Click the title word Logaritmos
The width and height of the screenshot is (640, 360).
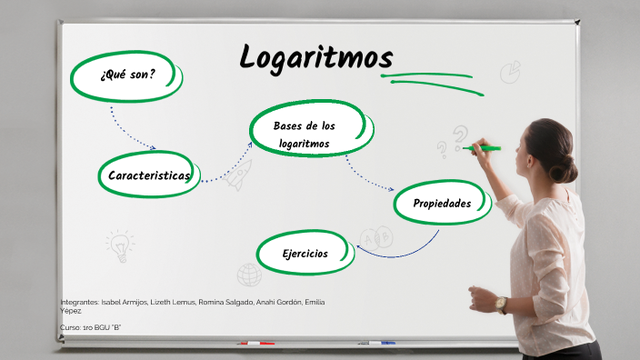(x=315, y=57)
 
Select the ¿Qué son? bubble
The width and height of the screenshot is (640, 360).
(x=127, y=75)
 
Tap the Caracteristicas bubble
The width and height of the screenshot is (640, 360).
(x=148, y=175)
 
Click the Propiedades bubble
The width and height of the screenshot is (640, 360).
(x=442, y=204)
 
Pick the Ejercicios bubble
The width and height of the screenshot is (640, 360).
(x=305, y=254)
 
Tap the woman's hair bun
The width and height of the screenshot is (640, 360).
(x=565, y=167)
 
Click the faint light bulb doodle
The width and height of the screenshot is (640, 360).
(x=118, y=243)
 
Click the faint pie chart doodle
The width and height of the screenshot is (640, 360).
(x=511, y=72)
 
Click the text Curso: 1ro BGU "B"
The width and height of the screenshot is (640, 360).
(x=90, y=326)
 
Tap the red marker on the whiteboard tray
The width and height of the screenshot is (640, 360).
(x=255, y=344)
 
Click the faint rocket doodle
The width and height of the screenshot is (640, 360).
(x=238, y=176)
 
